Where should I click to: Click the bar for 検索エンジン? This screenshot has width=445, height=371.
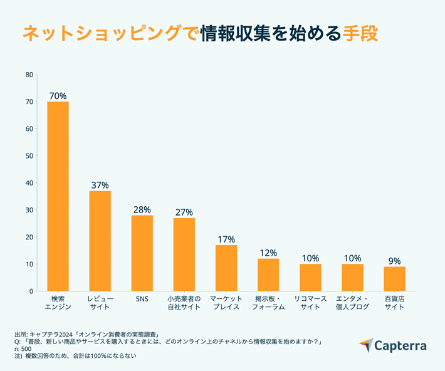(x=58, y=196)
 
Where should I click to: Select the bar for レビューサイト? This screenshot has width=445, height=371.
(x=100, y=241)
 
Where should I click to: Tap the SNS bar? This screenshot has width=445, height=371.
(x=142, y=253)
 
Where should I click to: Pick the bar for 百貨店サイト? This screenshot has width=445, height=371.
(x=394, y=279)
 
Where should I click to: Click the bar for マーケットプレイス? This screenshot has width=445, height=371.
(x=226, y=268)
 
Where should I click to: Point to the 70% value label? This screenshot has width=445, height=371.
(x=58, y=96)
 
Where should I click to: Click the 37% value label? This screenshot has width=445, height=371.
(x=100, y=185)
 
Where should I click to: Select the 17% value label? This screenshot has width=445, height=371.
(x=226, y=239)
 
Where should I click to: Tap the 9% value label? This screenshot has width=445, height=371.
(x=394, y=261)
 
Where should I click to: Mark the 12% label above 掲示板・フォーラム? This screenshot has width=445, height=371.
(x=268, y=253)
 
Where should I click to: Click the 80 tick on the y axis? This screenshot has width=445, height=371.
(x=29, y=75)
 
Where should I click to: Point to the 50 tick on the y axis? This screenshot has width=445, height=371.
(x=29, y=156)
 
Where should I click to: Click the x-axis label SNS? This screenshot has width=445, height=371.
(x=142, y=299)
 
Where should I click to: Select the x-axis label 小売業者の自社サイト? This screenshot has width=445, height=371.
(x=184, y=303)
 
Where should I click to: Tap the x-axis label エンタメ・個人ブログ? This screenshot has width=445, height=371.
(x=352, y=303)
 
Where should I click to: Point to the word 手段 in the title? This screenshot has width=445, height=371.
(x=360, y=33)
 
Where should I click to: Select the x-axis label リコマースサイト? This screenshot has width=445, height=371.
(x=310, y=303)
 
